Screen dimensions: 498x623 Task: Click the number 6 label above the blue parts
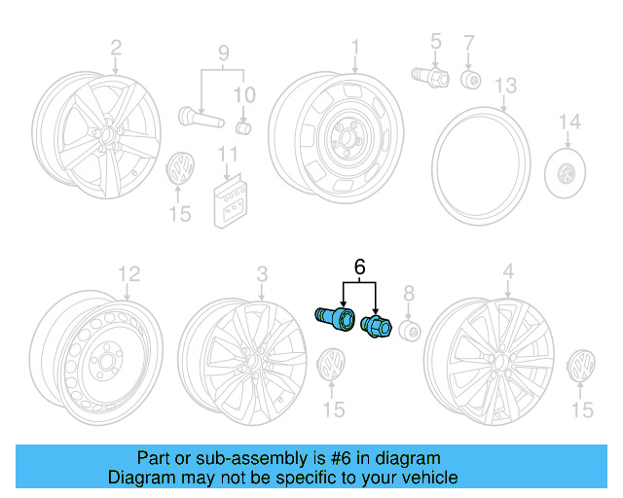359,266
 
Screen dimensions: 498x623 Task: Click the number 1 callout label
355,46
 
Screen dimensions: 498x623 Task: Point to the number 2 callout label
116,47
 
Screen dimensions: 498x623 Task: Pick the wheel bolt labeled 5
429,74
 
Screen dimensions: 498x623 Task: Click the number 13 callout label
505,87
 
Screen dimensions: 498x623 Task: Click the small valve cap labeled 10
243,127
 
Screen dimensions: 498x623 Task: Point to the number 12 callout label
128,273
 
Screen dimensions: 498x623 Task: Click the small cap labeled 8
410,333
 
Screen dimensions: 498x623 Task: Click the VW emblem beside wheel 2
180,170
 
